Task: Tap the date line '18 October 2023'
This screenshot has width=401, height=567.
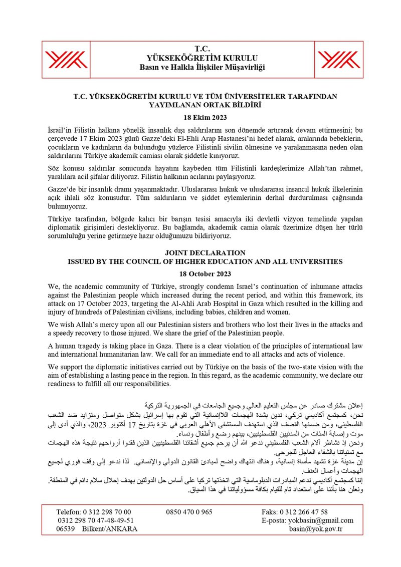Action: pyautogui.click(x=200, y=274)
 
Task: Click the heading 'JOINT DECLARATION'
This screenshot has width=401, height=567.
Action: pyautogui.click(x=200, y=253)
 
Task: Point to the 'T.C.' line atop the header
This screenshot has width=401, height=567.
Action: pyautogui.click(x=200, y=49)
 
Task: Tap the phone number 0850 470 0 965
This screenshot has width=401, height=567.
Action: pyautogui.click(x=189, y=512)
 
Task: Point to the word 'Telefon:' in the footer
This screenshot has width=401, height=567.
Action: pyautogui.click(x=72, y=512)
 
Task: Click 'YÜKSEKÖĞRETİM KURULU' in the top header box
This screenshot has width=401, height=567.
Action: pyautogui.click(x=200, y=58)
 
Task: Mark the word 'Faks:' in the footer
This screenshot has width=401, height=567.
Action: pyautogui.click(x=271, y=512)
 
